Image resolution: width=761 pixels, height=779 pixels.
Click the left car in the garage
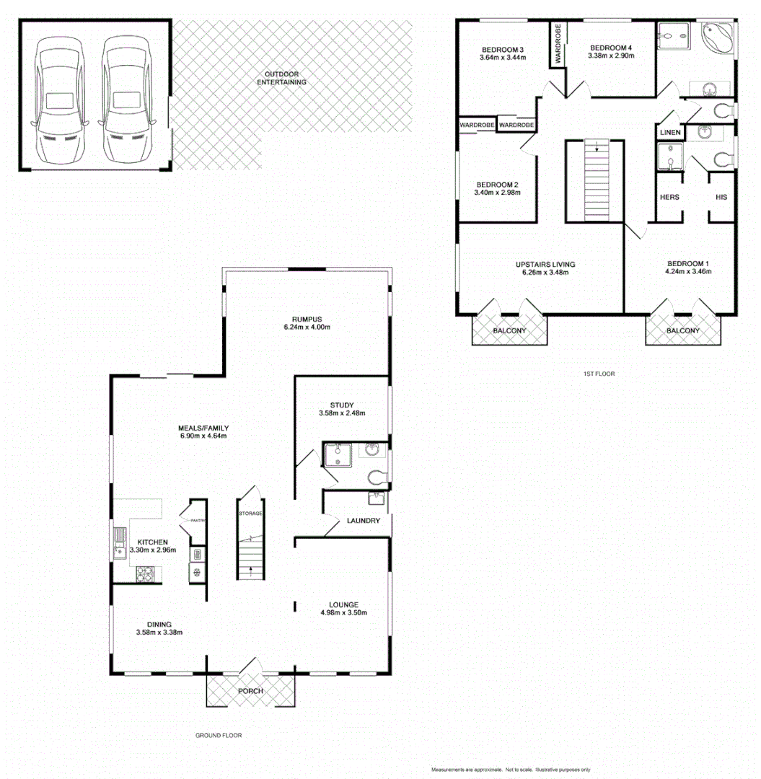pyautogui.click(x=59, y=99)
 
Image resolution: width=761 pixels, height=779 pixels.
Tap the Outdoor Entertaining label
pyautogui.click(x=281, y=78)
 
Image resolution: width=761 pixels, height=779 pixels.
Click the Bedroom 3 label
pyautogui.click(x=502, y=50)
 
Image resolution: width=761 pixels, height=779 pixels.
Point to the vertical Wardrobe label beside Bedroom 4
pyautogui.click(x=558, y=45)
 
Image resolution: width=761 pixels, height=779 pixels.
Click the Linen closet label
pyautogui.click(x=669, y=133)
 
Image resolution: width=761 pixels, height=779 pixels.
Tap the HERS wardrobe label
pyautogui.click(x=669, y=197)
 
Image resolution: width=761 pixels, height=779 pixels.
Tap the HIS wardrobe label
pyautogui.click(x=721, y=197)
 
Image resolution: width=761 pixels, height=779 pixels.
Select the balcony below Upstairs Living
pyautogui.click(x=509, y=330)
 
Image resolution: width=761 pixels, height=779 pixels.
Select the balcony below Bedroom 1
pyautogui.click(x=682, y=330)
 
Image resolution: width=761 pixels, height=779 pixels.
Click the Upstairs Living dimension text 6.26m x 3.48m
pyautogui.click(x=545, y=273)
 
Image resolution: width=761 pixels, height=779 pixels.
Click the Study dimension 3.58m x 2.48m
pyautogui.click(x=342, y=413)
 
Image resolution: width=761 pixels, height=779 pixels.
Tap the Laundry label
pyautogui.click(x=363, y=520)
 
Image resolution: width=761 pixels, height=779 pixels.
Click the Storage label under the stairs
pyautogui.click(x=250, y=513)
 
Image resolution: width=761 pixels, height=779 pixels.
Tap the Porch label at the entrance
pyautogui.click(x=250, y=691)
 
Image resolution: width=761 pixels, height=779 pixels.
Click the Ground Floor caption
pyautogui.click(x=218, y=736)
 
